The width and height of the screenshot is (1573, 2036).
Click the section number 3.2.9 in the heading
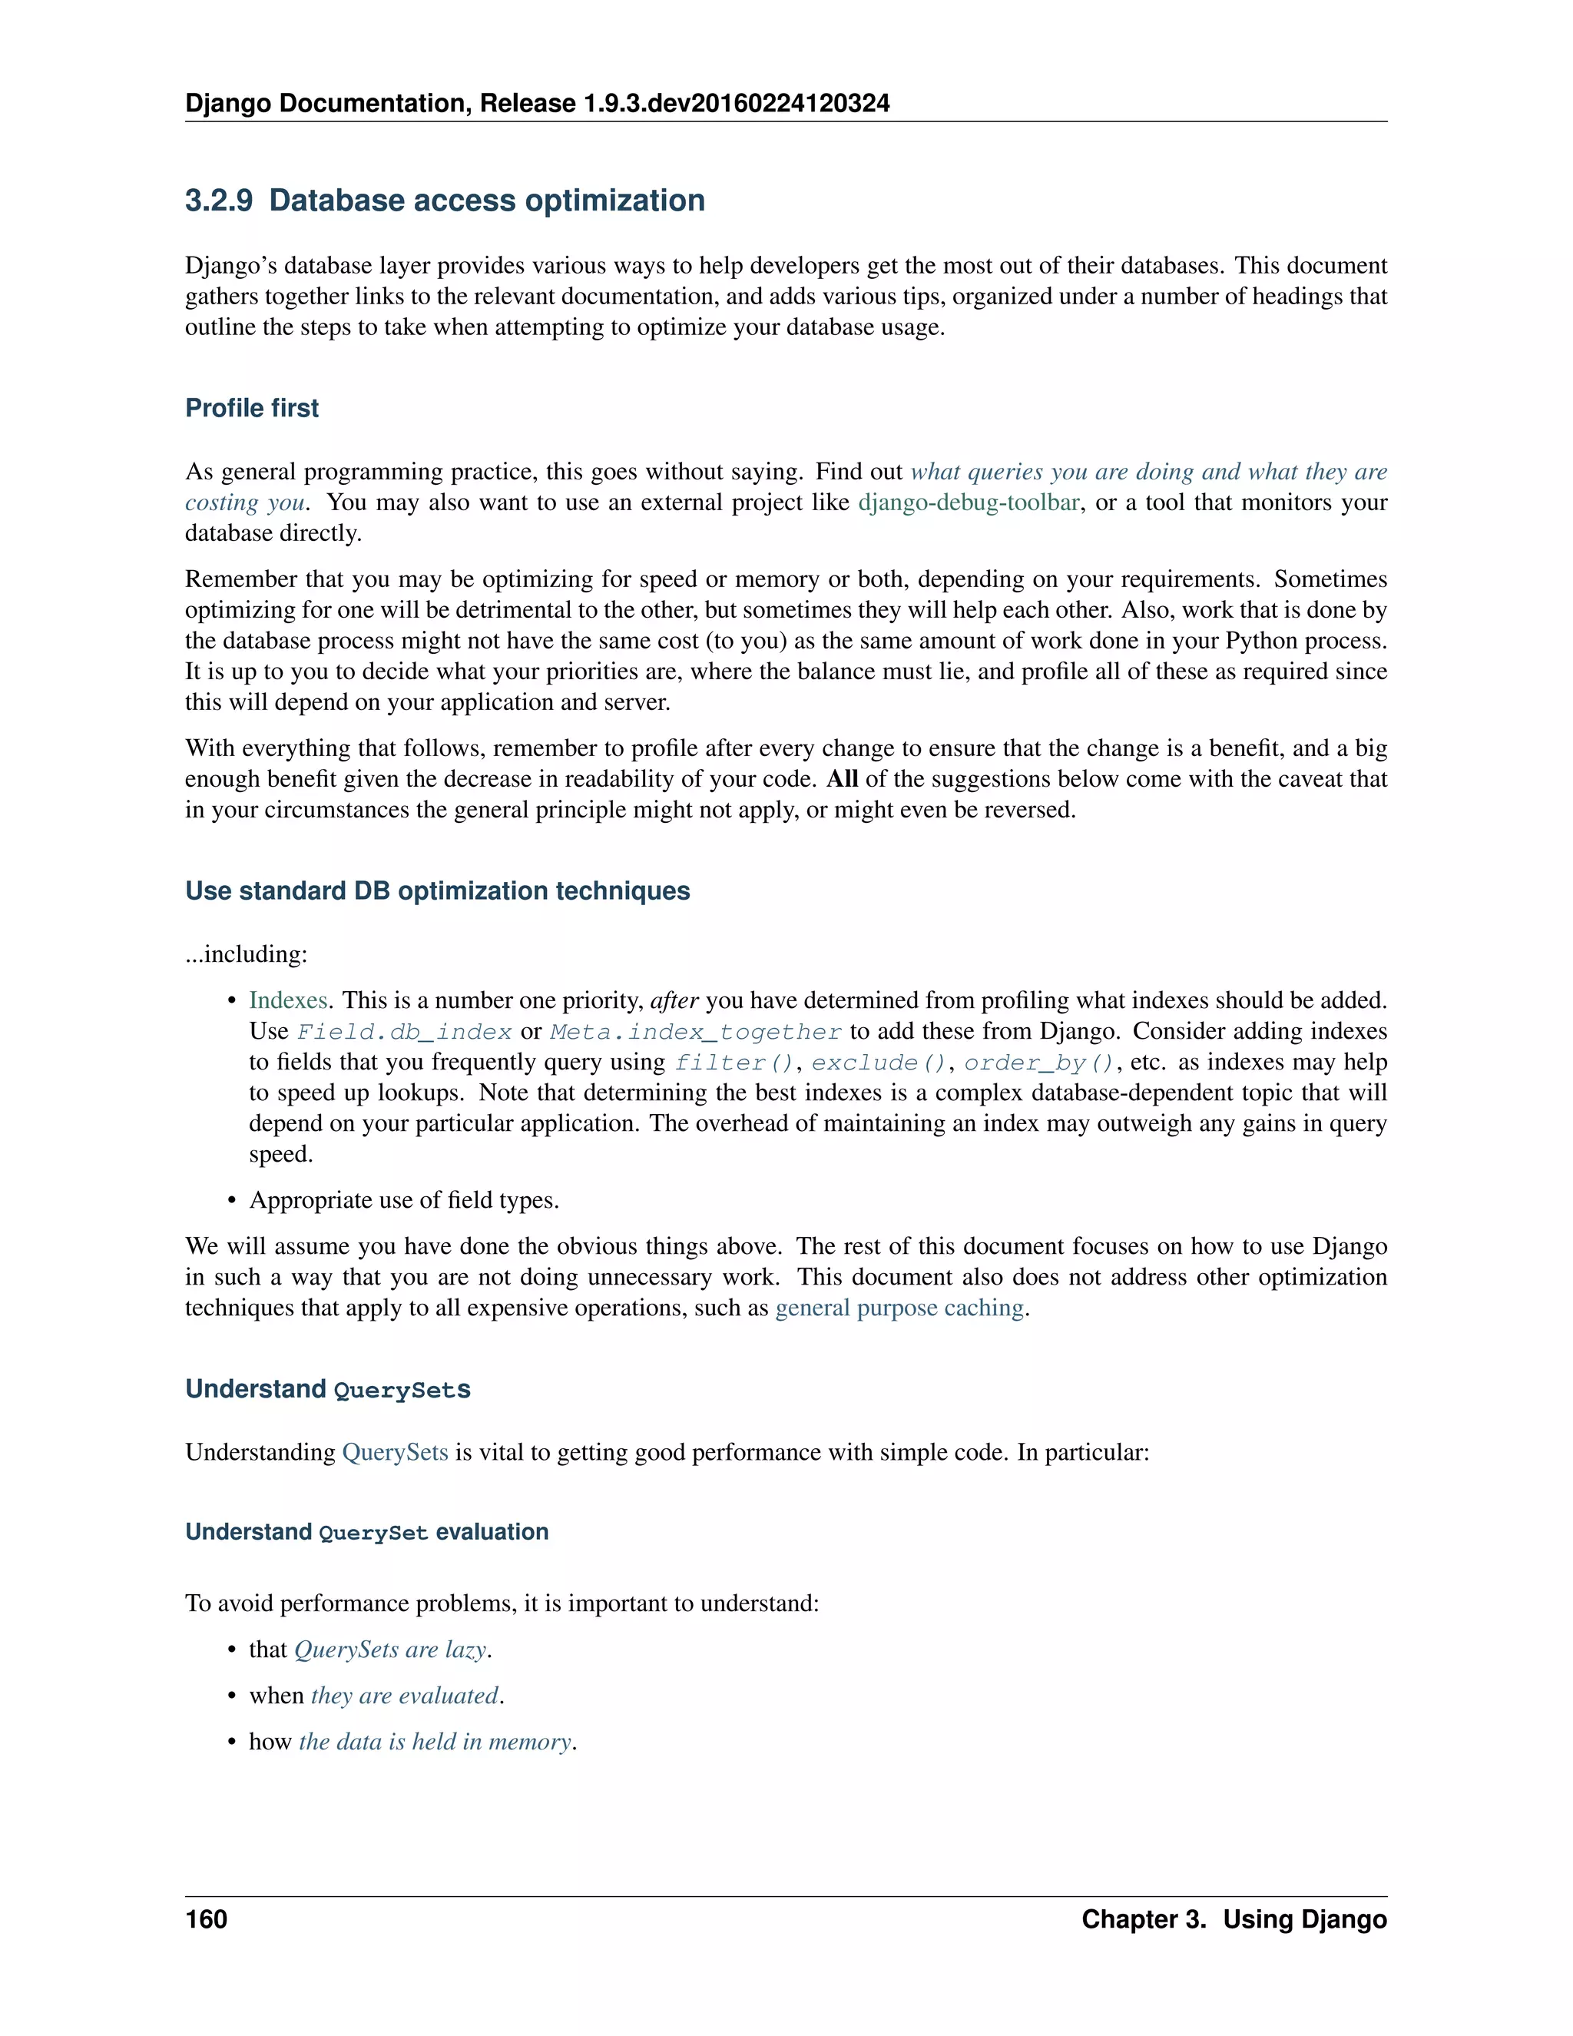(218, 201)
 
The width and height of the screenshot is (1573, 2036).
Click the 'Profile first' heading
(252, 408)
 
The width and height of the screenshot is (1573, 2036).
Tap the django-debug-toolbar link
(969, 502)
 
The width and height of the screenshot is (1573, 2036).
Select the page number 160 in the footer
(206, 1918)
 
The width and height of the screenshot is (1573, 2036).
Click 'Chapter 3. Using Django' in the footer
(1234, 1918)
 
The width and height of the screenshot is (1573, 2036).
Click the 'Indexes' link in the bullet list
(287, 1000)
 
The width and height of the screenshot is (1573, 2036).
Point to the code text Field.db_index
(405, 1032)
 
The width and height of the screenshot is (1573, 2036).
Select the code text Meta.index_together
(696, 1032)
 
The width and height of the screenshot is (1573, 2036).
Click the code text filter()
(734, 1063)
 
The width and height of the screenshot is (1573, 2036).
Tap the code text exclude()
(879, 1063)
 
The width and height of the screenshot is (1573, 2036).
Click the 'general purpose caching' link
(899, 1308)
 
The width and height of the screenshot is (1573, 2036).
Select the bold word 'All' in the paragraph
(842, 779)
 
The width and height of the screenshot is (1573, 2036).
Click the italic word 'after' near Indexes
(674, 1000)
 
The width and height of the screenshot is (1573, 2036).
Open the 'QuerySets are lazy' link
(390, 1650)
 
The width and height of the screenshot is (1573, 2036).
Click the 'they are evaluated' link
(405, 1696)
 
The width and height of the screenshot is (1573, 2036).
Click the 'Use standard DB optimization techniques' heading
(437, 891)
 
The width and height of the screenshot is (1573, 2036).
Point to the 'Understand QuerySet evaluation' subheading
(366, 1533)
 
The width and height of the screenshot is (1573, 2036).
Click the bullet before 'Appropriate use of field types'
(232, 1201)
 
